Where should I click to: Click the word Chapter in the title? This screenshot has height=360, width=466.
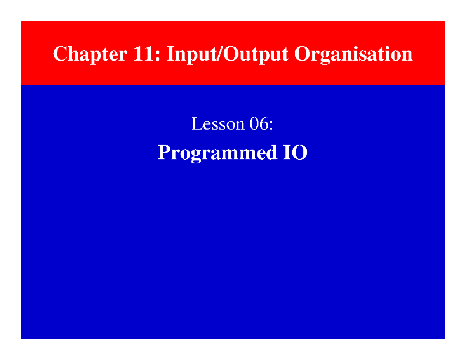90,54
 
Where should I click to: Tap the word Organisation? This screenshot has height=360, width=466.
353,54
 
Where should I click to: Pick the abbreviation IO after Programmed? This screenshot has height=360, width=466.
294,153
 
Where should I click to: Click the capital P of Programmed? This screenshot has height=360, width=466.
163,153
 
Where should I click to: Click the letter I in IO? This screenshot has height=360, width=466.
285,153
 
